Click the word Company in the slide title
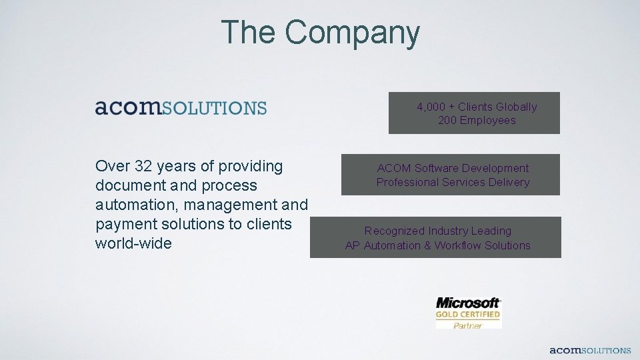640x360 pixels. (x=353, y=32)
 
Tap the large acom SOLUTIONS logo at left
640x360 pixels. (x=181, y=107)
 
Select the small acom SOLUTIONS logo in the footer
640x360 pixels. (x=590, y=350)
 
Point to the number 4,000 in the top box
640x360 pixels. (x=431, y=107)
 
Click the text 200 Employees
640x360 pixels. (x=477, y=121)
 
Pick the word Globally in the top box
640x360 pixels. (x=516, y=107)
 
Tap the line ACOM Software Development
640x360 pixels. (x=453, y=168)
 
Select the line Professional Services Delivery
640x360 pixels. (x=453, y=182)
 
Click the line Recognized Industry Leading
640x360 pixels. (x=437, y=231)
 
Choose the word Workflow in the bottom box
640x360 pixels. (x=458, y=245)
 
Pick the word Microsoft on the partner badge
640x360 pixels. (x=468, y=303)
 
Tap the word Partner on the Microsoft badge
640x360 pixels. (x=467, y=325)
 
